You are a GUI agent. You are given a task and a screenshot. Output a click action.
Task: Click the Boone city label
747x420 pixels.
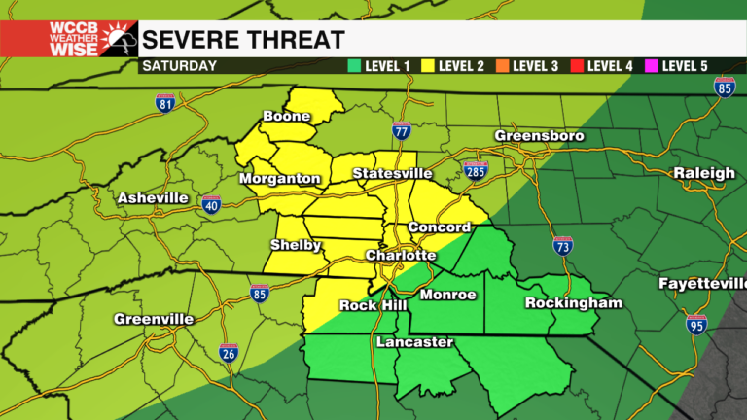click(286, 117)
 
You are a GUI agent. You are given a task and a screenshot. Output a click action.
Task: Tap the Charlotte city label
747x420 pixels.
click(400, 255)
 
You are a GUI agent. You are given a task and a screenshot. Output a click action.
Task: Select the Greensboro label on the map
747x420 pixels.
click(539, 136)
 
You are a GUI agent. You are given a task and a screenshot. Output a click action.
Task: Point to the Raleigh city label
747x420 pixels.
click(705, 173)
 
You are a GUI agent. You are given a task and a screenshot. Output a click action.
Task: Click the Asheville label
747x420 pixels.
click(153, 198)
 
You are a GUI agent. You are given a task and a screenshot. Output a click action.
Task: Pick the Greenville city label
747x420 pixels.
click(154, 319)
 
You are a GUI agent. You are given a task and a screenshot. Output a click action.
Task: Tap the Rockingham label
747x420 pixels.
click(573, 303)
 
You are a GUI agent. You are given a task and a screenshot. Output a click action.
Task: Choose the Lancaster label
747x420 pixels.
click(414, 342)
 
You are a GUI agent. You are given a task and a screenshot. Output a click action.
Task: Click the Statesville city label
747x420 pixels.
click(392, 173)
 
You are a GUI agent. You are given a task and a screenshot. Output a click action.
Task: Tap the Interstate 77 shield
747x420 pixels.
click(402, 130)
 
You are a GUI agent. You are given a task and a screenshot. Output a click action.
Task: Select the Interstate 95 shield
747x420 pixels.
click(696, 325)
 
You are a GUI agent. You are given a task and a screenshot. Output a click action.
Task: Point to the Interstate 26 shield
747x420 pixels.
click(228, 354)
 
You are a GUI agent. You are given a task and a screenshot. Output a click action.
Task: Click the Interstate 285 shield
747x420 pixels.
click(474, 171)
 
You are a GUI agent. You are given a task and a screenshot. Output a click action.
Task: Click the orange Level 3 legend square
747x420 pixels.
click(502, 66)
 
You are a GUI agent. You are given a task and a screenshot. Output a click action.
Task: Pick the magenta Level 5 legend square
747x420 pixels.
click(651, 66)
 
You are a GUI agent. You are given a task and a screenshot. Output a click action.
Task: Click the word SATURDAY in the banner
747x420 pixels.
click(178, 66)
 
